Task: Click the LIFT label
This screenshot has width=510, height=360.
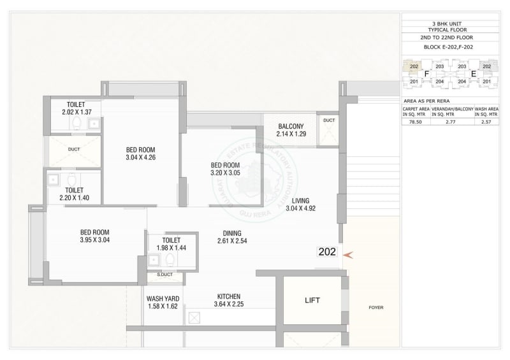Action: [x=312, y=299]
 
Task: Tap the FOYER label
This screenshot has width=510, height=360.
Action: [x=375, y=308]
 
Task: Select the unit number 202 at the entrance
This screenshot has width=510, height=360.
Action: [x=326, y=252]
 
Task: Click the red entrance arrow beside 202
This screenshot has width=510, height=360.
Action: [x=347, y=254]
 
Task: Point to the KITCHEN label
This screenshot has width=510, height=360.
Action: [x=228, y=296]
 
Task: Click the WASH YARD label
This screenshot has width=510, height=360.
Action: [x=163, y=298]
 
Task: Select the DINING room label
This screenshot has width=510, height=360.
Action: [x=231, y=233]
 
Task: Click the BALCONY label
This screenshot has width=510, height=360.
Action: [x=290, y=126]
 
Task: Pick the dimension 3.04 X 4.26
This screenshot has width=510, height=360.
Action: [x=140, y=157]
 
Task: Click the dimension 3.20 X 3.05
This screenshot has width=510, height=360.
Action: [x=226, y=173]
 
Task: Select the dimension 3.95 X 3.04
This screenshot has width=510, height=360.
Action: [x=94, y=240]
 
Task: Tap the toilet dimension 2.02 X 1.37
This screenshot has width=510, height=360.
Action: [x=77, y=112]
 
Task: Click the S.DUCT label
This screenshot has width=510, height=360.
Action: [x=164, y=275]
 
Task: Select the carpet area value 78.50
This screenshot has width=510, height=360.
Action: [x=416, y=121]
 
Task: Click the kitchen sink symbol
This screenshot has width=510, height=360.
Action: [x=194, y=317]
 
